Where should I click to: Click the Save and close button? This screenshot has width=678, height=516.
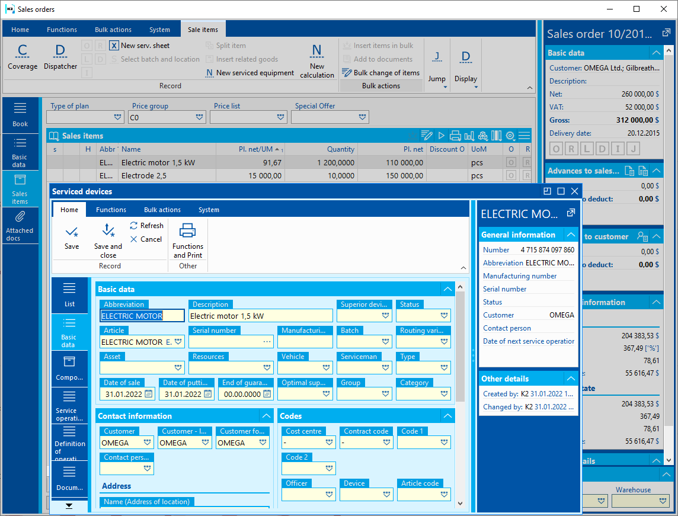[108, 240]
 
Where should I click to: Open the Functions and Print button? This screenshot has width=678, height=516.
[188, 240]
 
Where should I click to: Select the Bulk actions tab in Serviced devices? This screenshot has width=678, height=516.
[162, 210]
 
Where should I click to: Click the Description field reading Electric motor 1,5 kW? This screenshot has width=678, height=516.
[260, 316]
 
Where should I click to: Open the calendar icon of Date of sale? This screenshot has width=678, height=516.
[149, 394]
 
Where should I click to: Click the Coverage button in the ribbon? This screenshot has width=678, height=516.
[23, 57]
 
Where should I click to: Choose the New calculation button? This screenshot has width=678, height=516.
[317, 61]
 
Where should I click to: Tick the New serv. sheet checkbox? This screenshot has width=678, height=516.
[114, 46]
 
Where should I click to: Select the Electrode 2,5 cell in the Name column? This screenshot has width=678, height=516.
[167, 176]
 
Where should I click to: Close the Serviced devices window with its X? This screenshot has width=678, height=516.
[574, 191]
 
